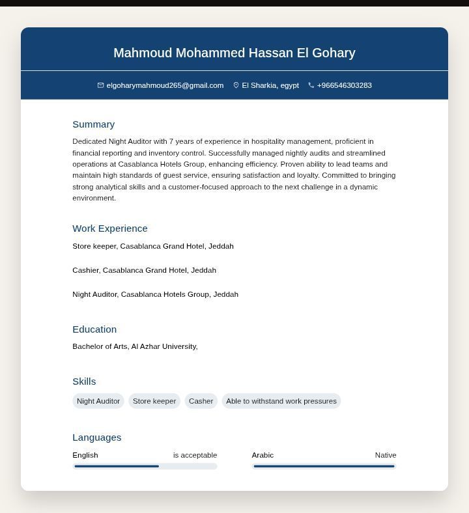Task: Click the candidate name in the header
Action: pyautogui.click(x=234, y=53)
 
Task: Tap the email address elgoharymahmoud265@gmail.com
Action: pyautogui.click(x=165, y=85)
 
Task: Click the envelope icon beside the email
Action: pyautogui.click(x=101, y=85)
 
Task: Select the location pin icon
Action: pyautogui.click(x=236, y=85)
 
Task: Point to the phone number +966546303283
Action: pyautogui.click(x=344, y=85)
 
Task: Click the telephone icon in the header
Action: pyautogui.click(x=311, y=85)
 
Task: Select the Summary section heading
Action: pyautogui.click(x=93, y=124)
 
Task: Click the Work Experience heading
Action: pyautogui.click(x=110, y=229)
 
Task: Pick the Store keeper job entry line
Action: pyautogui.click(x=153, y=246)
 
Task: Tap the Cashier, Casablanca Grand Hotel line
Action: pyautogui.click(x=144, y=270)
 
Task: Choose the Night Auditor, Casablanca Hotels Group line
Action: pyautogui.click(x=155, y=294)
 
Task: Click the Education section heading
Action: pyautogui.click(x=94, y=329)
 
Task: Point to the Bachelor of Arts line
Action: pyautogui.click(x=135, y=346)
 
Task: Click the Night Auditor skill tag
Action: pyautogui.click(x=98, y=401)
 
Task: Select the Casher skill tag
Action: pyautogui.click(x=201, y=401)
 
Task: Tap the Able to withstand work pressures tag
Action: pyautogui.click(x=281, y=401)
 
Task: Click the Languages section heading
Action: pyautogui.click(x=96, y=437)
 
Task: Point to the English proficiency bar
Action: pyautogui.click(x=145, y=466)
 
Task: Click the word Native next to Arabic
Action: pyautogui.click(x=386, y=455)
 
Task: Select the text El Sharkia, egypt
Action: pyautogui.click(x=270, y=85)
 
